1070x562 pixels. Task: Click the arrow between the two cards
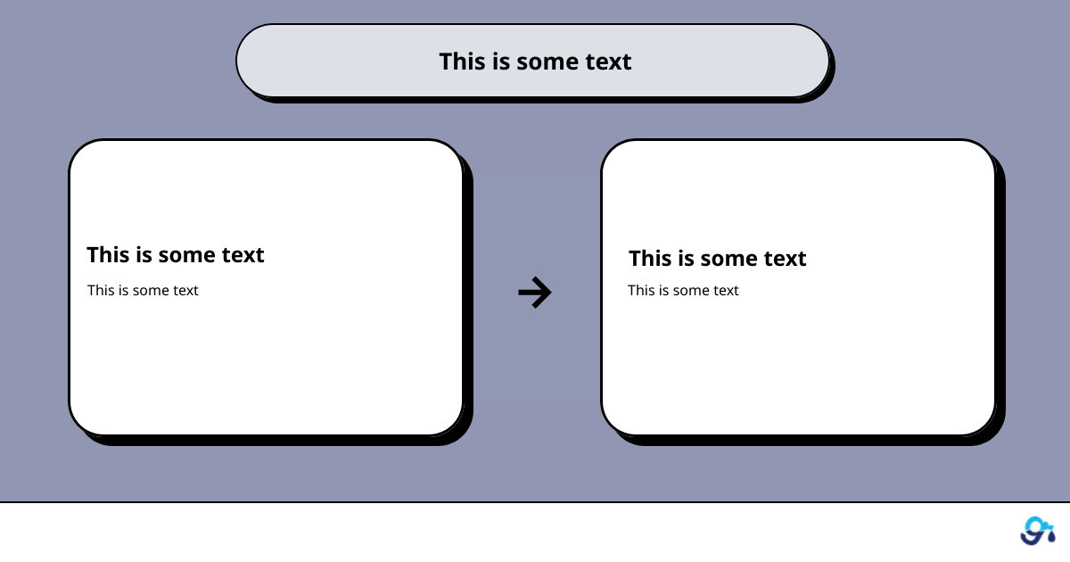click(x=535, y=292)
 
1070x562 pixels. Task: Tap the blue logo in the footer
click(x=1038, y=531)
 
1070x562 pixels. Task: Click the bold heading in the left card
click(x=176, y=255)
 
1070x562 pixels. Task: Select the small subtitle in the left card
click(x=143, y=290)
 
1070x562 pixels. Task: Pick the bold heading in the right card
click(x=718, y=258)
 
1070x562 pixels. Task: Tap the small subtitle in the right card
click(x=683, y=290)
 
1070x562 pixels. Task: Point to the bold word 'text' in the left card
click(x=243, y=255)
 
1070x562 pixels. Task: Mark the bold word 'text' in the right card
click(x=785, y=259)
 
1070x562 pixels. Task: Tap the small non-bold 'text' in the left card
click(x=185, y=291)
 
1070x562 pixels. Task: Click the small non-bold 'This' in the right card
click(x=639, y=290)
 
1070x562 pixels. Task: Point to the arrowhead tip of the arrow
click(x=551, y=292)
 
